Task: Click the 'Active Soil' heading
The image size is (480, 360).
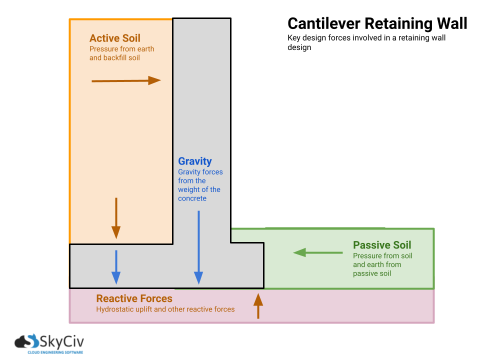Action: tap(114, 38)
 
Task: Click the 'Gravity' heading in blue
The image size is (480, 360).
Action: tap(195, 161)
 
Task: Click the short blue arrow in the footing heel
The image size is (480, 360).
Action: tap(116, 267)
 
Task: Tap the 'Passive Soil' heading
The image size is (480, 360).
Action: tap(382, 245)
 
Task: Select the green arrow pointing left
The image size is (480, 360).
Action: tap(317, 252)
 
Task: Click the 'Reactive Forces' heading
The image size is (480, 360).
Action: tap(134, 299)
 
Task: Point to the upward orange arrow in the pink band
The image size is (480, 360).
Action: tap(258, 306)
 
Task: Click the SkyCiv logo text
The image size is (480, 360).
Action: tap(62, 342)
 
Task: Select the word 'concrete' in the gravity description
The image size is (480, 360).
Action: tap(192, 198)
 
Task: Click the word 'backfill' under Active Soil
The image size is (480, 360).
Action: tap(116, 58)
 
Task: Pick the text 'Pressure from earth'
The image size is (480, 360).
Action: tap(121, 49)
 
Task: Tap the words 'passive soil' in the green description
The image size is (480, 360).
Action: tap(371, 273)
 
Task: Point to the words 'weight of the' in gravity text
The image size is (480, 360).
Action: tap(199, 189)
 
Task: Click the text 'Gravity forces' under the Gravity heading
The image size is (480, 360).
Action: tap(200, 172)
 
